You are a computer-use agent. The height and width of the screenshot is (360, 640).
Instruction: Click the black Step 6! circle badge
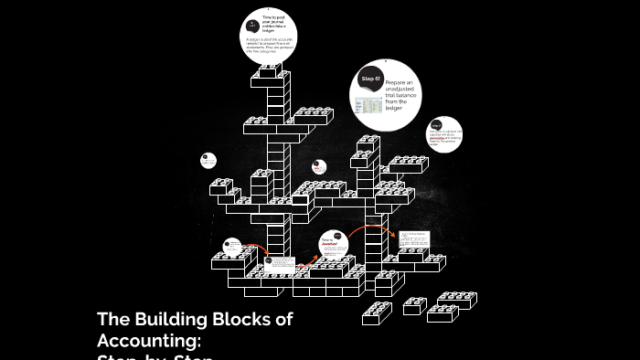tap(369, 79)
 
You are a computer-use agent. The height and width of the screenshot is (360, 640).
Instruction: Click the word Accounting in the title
tap(149, 340)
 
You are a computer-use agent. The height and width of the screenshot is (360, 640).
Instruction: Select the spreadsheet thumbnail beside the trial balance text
tap(369, 106)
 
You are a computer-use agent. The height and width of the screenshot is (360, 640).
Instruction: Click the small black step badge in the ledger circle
tap(252, 25)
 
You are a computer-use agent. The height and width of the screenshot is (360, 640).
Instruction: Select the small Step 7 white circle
tap(443, 134)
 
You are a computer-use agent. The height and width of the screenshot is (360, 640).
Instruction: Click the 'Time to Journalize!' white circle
tap(334, 244)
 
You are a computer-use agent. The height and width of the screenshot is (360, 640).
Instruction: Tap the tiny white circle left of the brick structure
tap(208, 161)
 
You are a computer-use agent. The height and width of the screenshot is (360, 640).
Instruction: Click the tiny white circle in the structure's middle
tap(318, 167)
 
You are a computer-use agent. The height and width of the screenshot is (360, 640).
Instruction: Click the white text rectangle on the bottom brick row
tap(280, 264)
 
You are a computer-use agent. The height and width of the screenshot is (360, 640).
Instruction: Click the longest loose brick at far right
tap(456, 300)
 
